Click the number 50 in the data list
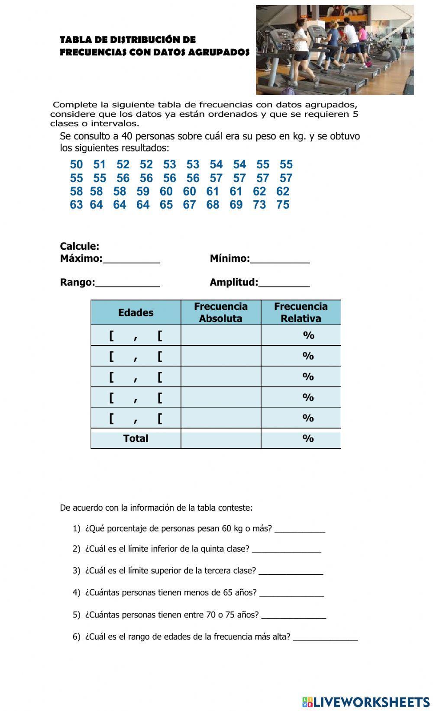[76, 164]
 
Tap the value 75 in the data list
[283, 205]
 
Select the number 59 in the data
[143, 191]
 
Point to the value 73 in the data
[259, 205]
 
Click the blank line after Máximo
[131, 260]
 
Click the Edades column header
[136, 312]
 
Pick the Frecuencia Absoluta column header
[221, 312]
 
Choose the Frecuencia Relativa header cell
[301, 312]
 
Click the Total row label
[136, 438]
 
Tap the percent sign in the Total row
[308, 438]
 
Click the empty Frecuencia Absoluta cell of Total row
[221, 438]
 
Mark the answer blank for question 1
[300, 530]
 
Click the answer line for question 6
[325, 638]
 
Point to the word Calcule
[80, 246]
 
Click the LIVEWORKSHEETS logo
[365, 701]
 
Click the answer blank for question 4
[291, 594]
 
